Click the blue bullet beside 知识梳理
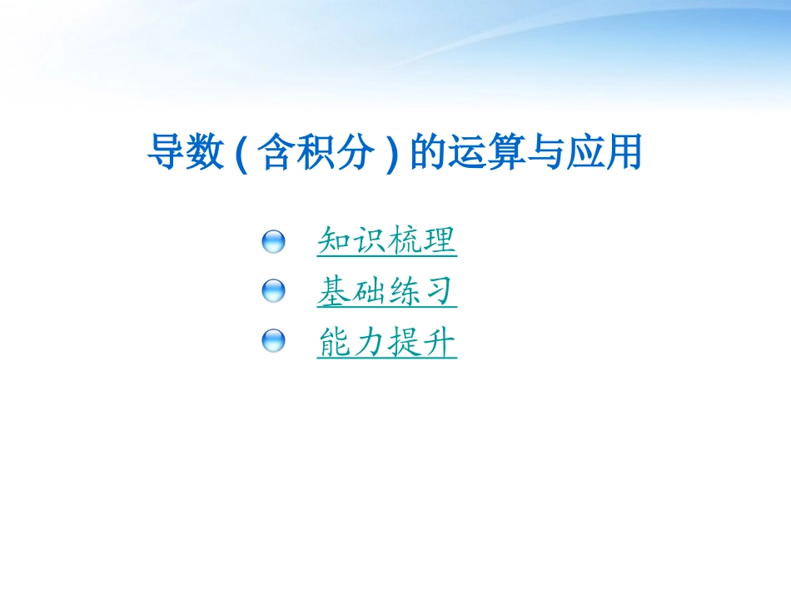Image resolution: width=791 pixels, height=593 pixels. [273, 242]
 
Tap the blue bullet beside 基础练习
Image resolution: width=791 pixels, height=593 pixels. [273, 291]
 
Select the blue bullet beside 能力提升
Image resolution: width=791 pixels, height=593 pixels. [273, 340]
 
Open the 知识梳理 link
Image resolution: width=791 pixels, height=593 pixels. [387, 241]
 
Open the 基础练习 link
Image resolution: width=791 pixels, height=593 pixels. [387, 291]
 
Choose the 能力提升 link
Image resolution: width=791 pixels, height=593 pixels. [387, 341]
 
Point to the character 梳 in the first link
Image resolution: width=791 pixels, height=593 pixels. [405, 241]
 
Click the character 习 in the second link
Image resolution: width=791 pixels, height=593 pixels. [440, 291]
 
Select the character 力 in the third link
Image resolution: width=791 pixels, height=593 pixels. [369, 341]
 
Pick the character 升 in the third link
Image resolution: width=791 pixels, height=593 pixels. [440, 341]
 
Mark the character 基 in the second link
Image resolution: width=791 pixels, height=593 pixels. [334, 291]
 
